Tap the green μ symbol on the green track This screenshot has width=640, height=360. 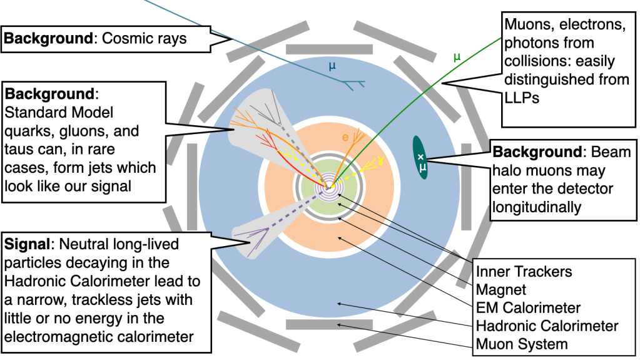457,57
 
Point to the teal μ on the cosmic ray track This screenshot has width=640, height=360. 332,64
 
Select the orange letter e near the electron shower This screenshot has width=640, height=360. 344,136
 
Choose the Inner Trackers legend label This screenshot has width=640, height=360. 524,272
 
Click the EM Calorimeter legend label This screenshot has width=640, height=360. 528,307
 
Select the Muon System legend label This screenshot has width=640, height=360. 522,344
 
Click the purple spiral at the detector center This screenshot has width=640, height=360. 328,187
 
